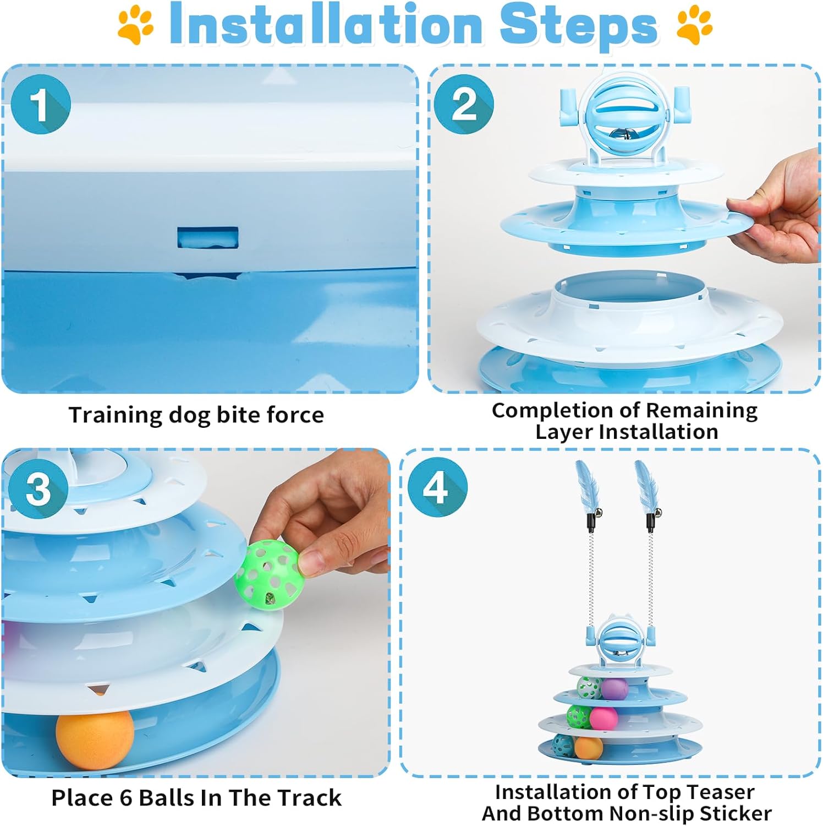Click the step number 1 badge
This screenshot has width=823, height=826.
pyautogui.click(x=41, y=105)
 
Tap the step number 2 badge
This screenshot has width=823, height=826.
pyautogui.click(x=464, y=105)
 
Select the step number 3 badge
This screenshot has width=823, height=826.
pyautogui.click(x=39, y=489)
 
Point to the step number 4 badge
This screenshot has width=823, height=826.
pyautogui.click(x=437, y=487)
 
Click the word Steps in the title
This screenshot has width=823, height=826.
pyautogui.click(x=578, y=25)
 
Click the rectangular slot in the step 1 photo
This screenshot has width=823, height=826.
pyautogui.click(x=208, y=237)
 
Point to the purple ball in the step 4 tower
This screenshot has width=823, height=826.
pyautogui.click(x=614, y=688)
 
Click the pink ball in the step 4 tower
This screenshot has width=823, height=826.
pyautogui.click(x=603, y=718)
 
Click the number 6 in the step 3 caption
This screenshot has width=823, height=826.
pyautogui.click(x=126, y=798)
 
